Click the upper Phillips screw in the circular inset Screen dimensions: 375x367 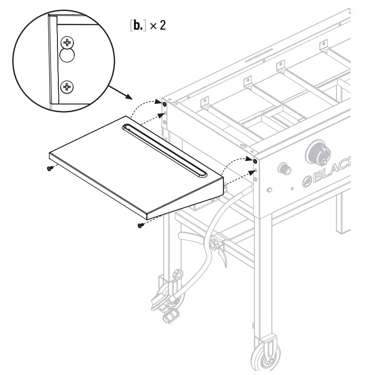tap(67, 44)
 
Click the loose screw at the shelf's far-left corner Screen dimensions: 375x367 tap(50, 168)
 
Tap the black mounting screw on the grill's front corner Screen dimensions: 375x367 tap(254, 161)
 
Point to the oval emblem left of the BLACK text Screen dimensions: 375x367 tap(306, 182)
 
